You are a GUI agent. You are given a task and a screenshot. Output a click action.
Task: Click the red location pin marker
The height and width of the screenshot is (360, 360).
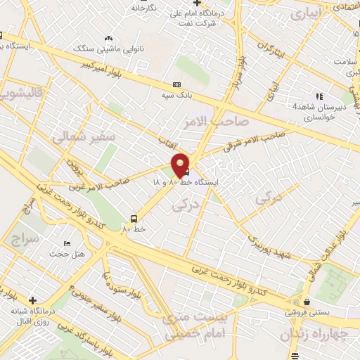(x=181, y=165)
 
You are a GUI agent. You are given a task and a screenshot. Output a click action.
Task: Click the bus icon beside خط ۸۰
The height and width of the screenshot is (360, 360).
(x=134, y=219)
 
